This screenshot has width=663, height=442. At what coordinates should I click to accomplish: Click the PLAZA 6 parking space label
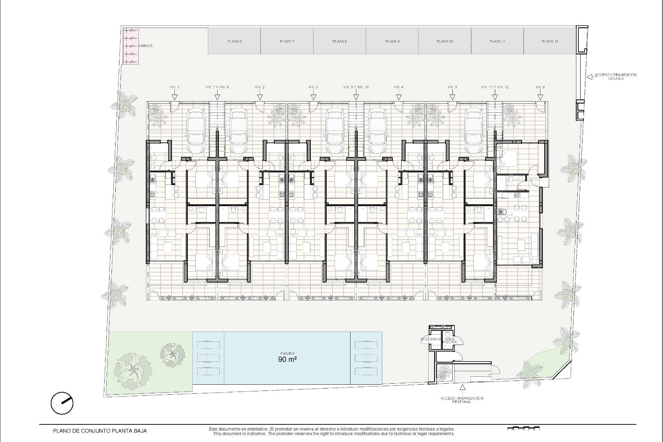(234, 41)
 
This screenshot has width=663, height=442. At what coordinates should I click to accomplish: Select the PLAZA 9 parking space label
(392, 41)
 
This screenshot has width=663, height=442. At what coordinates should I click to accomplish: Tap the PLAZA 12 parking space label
(550, 41)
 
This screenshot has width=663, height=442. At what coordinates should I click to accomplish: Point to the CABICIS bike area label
(145, 46)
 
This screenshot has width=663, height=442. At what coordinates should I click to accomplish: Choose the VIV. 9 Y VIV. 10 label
(356, 87)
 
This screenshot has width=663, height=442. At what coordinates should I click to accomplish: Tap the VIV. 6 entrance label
(540, 87)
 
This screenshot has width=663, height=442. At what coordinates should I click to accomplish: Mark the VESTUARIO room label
(431, 339)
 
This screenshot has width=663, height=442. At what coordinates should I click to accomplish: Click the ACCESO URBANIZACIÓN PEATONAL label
(462, 400)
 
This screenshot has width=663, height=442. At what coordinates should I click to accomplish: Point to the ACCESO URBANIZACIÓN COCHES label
(615, 76)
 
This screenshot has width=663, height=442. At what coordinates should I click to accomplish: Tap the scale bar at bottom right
(523, 429)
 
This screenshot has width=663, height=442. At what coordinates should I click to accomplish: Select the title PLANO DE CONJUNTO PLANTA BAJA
(100, 431)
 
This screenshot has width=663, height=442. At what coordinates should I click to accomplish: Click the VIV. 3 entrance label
(313, 87)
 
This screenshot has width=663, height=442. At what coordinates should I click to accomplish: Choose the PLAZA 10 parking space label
(445, 41)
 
